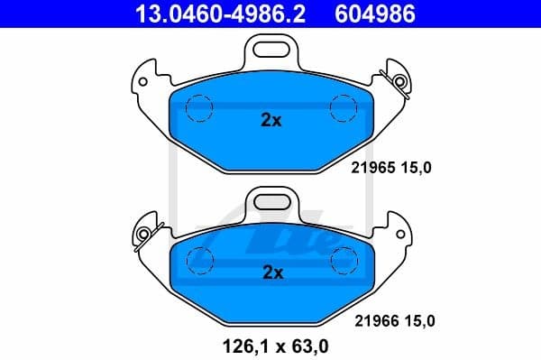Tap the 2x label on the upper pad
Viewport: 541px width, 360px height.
[270, 120]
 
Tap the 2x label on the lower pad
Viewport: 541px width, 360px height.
[270, 272]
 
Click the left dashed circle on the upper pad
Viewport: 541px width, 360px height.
[198, 108]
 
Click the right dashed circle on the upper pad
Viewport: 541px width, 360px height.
[344, 108]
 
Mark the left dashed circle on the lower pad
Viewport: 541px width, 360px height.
[198, 260]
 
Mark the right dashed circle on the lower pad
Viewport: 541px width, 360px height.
[344, 260]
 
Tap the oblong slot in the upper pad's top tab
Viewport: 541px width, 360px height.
[271, 46]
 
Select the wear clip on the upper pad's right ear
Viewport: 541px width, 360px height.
[398, 79]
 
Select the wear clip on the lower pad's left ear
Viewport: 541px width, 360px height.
[144, 233]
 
